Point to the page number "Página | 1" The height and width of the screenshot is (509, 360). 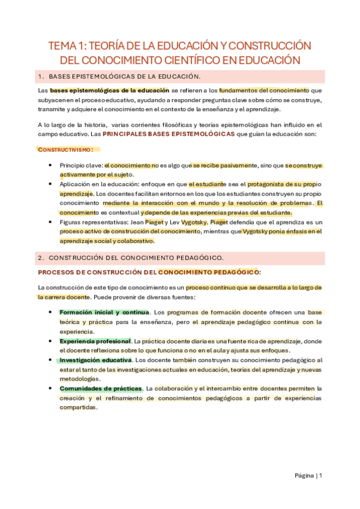308,476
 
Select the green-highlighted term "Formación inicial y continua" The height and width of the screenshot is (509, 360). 104,313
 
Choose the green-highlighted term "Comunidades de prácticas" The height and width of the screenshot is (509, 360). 100,388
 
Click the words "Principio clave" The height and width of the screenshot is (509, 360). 80,164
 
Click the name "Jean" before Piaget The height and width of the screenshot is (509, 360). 140,222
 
